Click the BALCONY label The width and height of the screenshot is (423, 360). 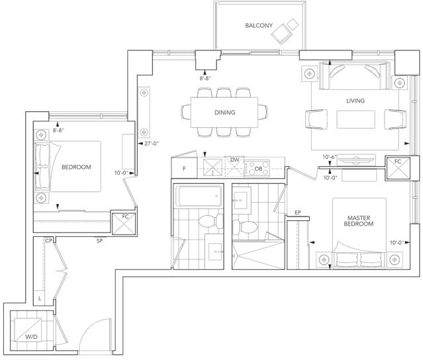(259, 26)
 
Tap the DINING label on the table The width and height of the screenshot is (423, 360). (224, 112)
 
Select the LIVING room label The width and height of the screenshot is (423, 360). (355, 101)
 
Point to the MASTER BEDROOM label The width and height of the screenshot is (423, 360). (359, 221)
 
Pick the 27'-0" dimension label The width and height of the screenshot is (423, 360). (152, 144)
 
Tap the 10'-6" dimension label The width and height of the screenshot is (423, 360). (330, 157)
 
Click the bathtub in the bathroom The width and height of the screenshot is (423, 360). (199, 196)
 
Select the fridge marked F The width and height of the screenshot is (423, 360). (184, 167)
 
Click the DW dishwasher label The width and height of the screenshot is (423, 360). (235, 160)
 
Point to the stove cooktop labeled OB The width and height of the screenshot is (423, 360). (257, 168)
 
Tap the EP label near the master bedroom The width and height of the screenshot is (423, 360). (298, 213)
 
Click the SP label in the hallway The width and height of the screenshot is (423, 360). (99, 241)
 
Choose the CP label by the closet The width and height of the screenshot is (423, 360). (48, 241)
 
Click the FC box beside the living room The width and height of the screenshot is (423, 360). (399, 169)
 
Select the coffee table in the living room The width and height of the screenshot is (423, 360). (355, 120)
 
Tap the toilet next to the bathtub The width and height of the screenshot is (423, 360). (211, 221)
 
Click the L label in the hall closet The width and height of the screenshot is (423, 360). (40, 298)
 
